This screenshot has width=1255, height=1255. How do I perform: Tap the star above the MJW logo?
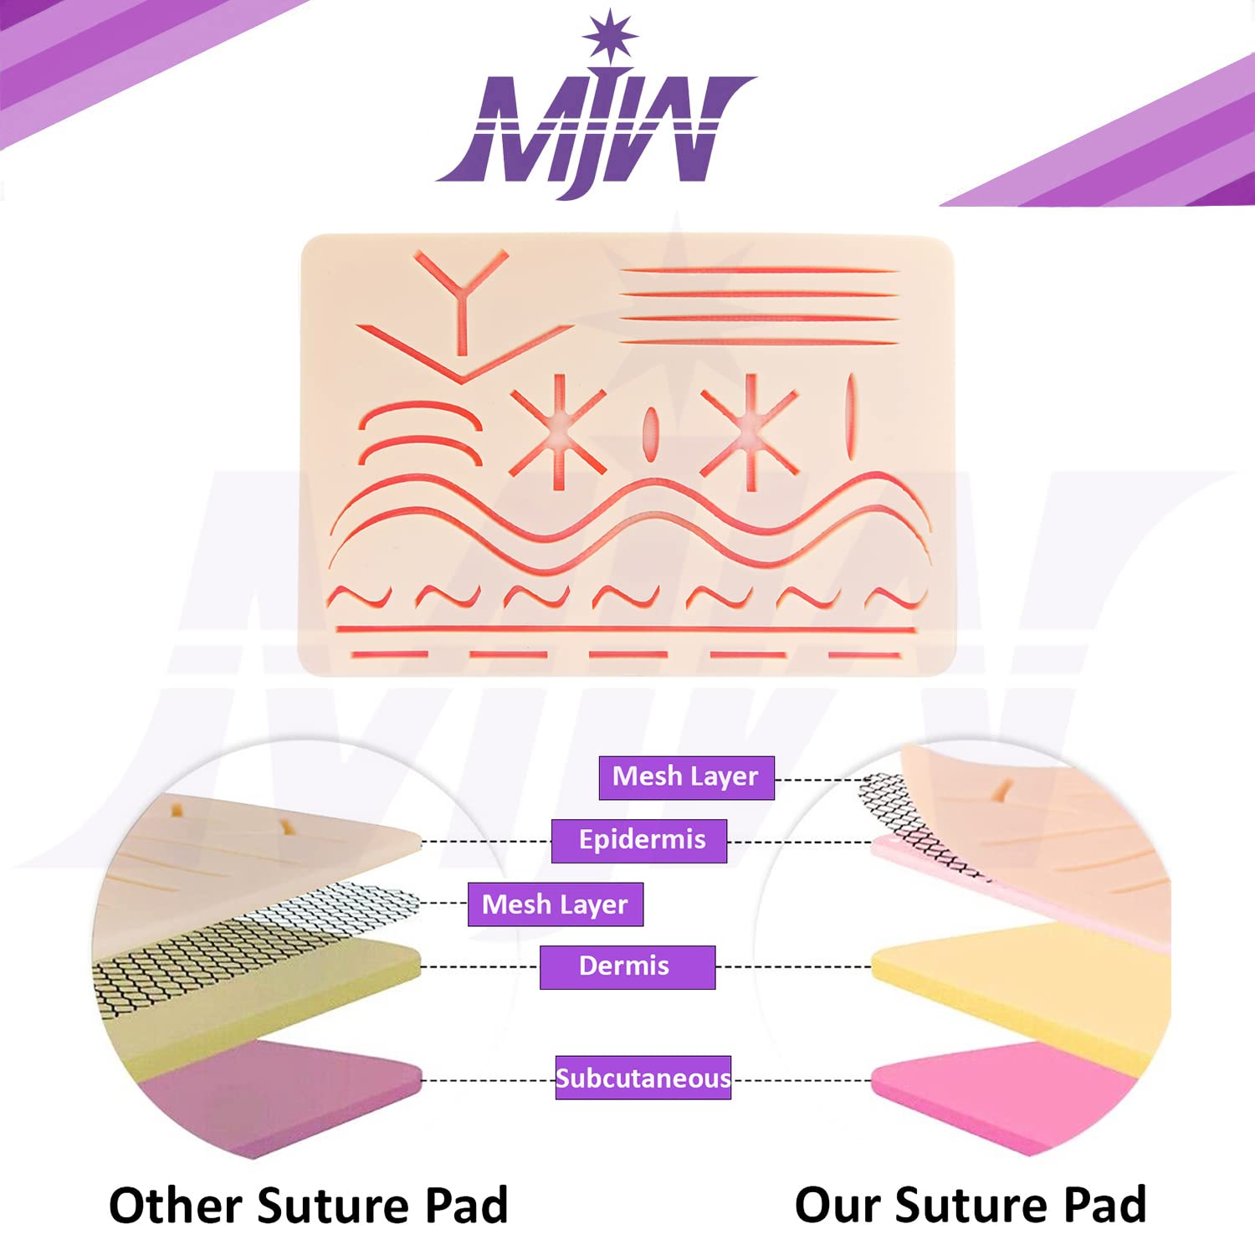coord(610,36)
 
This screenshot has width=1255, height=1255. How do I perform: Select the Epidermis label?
coord(639,841)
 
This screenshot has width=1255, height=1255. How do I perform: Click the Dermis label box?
coord(627,967)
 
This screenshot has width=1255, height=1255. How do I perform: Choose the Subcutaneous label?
coord(643,1078)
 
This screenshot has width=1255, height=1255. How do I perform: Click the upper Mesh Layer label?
coord(687,777)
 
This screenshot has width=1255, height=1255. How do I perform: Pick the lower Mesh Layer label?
coord(556,904)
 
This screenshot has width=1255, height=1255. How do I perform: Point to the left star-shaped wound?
coord(558,431)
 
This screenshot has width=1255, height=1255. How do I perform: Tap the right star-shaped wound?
coord(750,431)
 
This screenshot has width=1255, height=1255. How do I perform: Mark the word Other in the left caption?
coord(176,1206)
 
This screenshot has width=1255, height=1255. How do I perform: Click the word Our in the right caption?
coord(838,1206)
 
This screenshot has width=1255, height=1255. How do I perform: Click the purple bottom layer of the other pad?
coord(276,1092)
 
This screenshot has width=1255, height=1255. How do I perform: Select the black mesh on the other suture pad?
coord(251,941)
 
